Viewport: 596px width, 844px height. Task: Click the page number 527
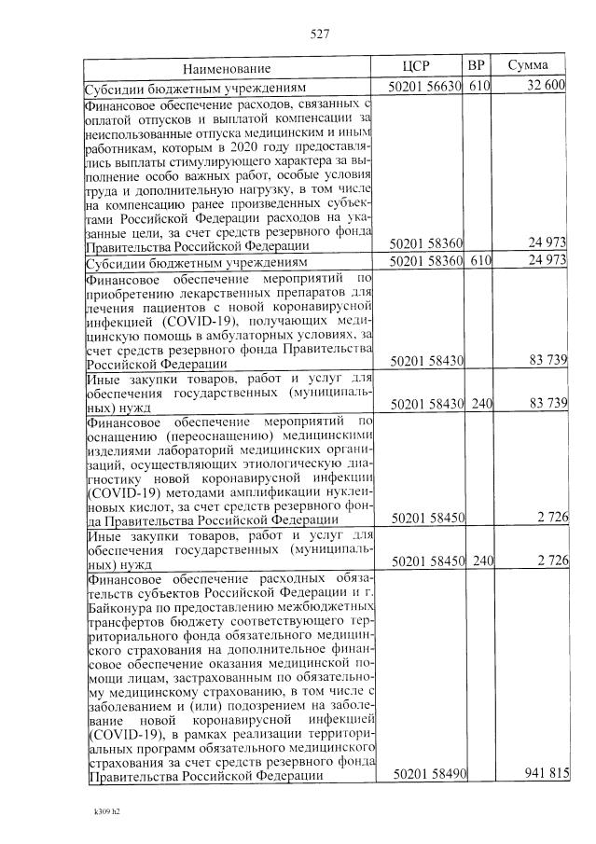[x=320, y=35]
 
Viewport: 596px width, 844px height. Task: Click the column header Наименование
[x=227, y=69]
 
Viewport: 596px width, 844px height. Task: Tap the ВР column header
[x=477, y=67]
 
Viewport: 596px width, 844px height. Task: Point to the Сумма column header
[x=527, y=67]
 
